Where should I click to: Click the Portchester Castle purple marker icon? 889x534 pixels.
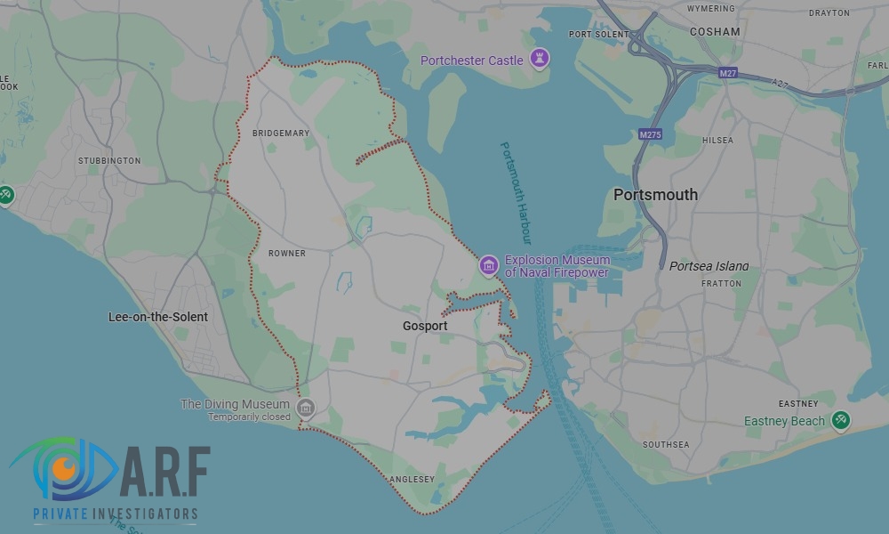tap(538, 60)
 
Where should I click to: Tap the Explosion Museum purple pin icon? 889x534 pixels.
tap(488, 265)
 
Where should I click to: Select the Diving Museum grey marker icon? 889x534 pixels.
tap(306, 409)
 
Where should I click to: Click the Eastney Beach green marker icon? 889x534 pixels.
tap(840, 420)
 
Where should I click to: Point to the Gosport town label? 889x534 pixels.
tap(425, 327)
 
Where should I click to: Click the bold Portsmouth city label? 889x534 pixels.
tap(655, 195)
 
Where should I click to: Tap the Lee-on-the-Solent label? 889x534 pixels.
tap(158, 317)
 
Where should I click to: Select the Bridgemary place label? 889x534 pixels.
tap(281, 133)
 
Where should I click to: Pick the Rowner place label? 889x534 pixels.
tap(287, 254)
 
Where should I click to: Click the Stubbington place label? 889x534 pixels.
tap(109, 161)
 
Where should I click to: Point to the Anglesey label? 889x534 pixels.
tap(412, 480)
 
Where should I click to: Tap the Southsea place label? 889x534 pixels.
tap(666, 444)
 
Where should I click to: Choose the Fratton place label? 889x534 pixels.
tap(721, 284)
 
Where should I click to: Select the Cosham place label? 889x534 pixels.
tap(715, 31)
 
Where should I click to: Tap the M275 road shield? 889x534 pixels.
tap(650, 134)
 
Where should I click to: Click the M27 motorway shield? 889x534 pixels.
tap(727, 71)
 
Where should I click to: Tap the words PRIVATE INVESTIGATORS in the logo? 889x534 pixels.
tap(116, 514)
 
